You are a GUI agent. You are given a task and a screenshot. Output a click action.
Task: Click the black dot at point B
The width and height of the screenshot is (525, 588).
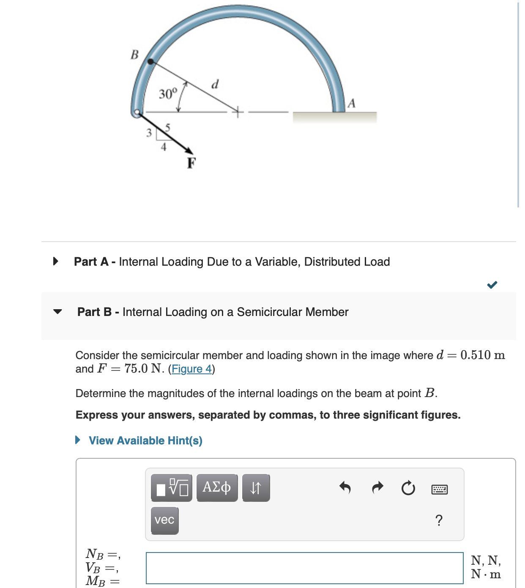(150, 61)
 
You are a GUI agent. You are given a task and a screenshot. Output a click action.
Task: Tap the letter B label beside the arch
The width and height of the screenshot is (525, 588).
(134, 55)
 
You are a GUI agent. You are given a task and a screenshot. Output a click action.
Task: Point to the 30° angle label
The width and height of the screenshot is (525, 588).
(167, 93)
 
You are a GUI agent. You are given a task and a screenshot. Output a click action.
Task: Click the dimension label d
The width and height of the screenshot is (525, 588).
(215, 84)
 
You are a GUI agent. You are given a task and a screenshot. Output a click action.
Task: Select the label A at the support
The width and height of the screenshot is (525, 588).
(351, 103)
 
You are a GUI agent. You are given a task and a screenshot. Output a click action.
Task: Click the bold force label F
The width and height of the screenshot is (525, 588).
(191, 163)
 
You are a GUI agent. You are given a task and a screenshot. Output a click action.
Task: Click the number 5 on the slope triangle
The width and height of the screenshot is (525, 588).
(168, 127)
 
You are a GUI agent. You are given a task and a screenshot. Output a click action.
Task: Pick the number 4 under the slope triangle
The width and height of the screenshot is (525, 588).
(164, 147)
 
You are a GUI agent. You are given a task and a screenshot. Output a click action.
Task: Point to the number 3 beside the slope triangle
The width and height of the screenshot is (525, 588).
(149, 133)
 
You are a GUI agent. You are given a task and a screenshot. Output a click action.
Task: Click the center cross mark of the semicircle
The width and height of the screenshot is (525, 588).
(238, 112)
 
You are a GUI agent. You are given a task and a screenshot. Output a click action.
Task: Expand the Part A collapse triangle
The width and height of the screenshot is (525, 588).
(55, 261)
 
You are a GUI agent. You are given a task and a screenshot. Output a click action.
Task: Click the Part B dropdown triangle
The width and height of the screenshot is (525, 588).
(57, 312)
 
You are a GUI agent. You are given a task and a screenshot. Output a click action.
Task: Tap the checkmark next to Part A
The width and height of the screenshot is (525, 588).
(492, 285)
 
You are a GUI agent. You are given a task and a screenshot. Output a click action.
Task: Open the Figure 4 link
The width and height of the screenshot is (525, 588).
(191, 369)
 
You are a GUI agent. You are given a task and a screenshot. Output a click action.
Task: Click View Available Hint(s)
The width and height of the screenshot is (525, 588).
(145, 441)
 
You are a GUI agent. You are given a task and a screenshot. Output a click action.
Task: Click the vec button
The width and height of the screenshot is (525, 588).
(164, 520)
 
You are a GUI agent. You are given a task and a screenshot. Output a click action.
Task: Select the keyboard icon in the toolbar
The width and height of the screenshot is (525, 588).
(440, 489)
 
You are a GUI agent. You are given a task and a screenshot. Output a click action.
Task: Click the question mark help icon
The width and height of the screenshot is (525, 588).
(439, 520)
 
